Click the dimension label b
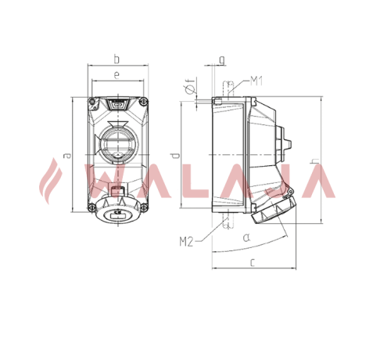click(117, 59)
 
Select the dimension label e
click(117, 75)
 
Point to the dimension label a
click(67, 156)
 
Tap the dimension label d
click(176, 156)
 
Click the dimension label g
click(222, 60)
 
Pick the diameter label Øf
click(190, 85)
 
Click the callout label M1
click(256, 81)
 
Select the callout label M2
click(186, 242)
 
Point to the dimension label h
click(316, 161)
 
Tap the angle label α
click(246, 237)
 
